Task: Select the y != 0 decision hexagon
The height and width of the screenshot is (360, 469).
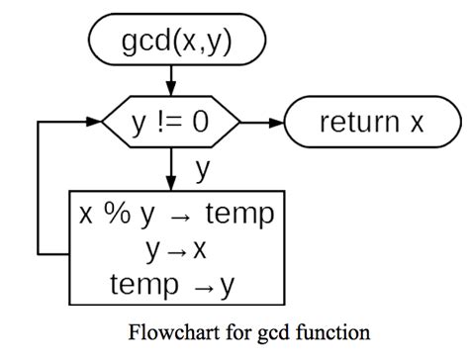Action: click(171, 123)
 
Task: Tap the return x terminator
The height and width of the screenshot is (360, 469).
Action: click(370, 123)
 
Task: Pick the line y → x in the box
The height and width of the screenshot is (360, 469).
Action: click(175, 250)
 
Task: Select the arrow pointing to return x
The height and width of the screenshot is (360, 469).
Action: click(262, 123)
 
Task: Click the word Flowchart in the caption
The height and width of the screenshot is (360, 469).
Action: click(168, 331)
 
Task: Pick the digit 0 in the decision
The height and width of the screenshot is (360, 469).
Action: click(201, 123)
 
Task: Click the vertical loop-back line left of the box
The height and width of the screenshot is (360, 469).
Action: click(39, 188)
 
